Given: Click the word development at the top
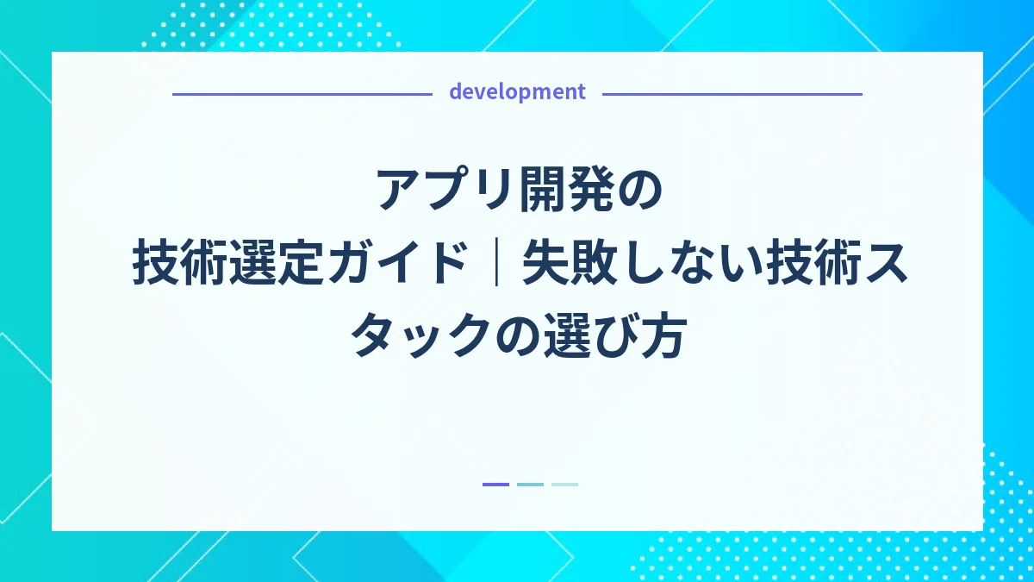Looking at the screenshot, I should pyautogui.click(x=517, y=92).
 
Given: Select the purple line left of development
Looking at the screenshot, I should pyautogui.click(x=302, y=94).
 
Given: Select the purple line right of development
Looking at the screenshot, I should pyautogui.click(x=732, y=94).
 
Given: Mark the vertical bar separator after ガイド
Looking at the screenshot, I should pyautogui.click(x=496, y=263).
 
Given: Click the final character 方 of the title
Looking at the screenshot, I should pyautogui.click(x=663, y=337).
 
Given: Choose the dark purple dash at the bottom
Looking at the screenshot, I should pyautogui.click(x=495, y=485).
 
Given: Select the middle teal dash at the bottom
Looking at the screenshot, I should pyautogui.click(x=530, y=485).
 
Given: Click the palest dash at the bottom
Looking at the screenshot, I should pyautogui.click(x=564, y=485).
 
